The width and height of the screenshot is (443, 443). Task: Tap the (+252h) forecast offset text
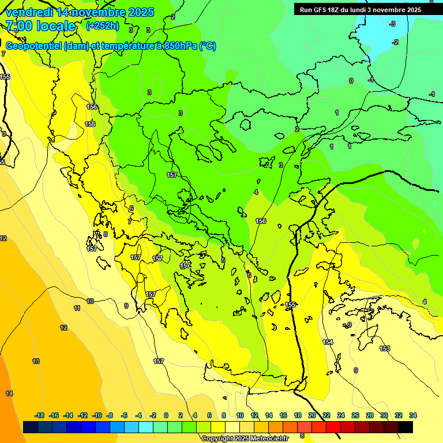[x=102, y=26]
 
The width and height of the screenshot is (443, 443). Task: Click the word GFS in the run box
[x=321, y=10]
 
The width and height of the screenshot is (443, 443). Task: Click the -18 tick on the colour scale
[x=40, y=415]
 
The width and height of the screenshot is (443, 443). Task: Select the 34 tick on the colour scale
[x=413, y=415]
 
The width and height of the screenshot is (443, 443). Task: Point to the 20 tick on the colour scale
[x=312, y=415]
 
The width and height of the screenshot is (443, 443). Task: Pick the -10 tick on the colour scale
[x=97, y=415]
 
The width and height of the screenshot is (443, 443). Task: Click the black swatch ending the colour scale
[x=405, y=427]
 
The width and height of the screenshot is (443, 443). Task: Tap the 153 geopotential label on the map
[x=385, y=348]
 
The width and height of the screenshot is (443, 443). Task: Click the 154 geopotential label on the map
[x=328, y=342]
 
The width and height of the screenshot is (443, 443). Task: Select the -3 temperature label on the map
[x=392, y=24]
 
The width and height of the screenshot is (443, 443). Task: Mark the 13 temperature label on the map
[x=36, y=361]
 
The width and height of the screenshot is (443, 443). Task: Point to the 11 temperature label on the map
[x=77, y=309]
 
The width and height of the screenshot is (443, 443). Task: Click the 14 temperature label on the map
[x=9, y=393]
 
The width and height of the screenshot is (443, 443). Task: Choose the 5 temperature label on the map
[x=223, y=260]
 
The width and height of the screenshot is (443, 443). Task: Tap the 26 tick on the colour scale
[x=355, y=415]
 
